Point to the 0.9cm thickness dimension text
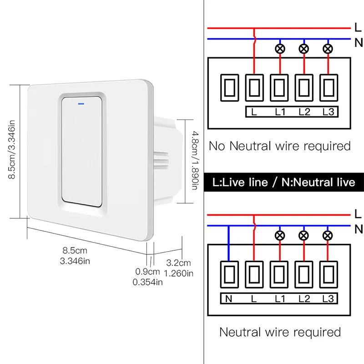coord(148,272)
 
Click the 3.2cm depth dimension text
coord(178,263)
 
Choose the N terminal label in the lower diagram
coord(228,298)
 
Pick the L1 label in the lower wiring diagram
coord(279,298)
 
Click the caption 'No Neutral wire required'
coord(280,146)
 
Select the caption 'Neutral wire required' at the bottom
coord(280,332)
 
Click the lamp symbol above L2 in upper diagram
coord(303,49)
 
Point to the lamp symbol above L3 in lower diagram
coord(327,235)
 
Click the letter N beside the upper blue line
coord(358,43)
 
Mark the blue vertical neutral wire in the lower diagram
coord(228,243)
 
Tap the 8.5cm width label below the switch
coord(75,255)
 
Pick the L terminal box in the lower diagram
coord(254,274)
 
